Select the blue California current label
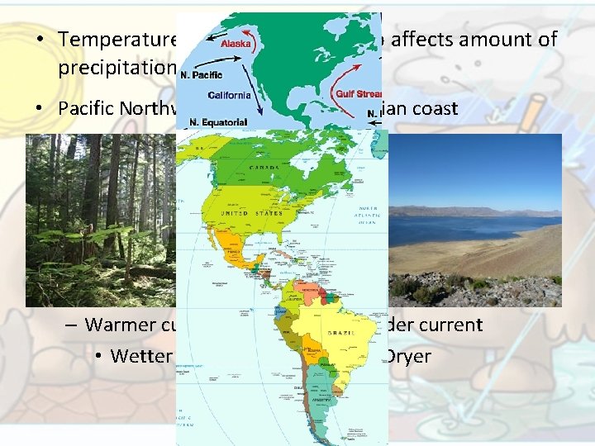[229, 95]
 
